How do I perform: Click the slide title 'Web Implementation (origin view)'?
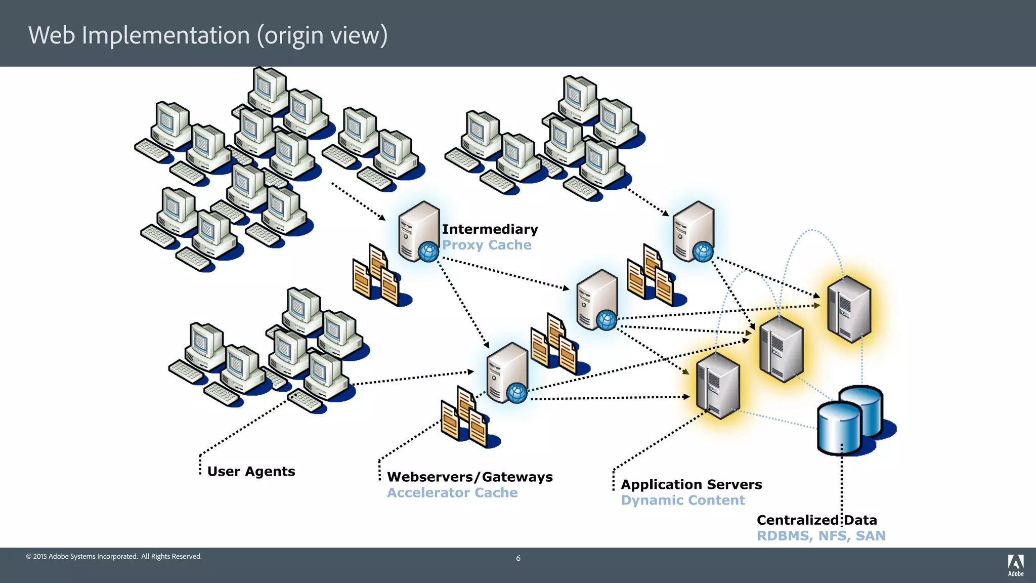pyautogui.click(x=208, y=35)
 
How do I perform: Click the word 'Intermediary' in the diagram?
pyautogui.click(x=490, y=229)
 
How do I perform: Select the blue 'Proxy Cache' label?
pyautogui.click(x=487, y=245)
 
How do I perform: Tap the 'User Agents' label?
pyautogui.click(x=251, y=471)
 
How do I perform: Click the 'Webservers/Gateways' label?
pyautogui.click(x=469, y=477)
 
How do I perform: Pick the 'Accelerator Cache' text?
pyautogui.click(x=452, y=492)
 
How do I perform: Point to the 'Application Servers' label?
pyautogui.click(x=691, y=484)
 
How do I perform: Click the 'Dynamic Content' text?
pyautogui.click(x=682, y=500)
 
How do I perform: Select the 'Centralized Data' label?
pyautogui.click(x=816, y=520)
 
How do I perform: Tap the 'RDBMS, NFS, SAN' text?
pyautogui.click(x=821, y=535)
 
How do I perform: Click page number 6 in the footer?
pyautogui.click(x=518, y=558)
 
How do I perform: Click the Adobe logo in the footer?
pyautogui.click(x=1015, y=565)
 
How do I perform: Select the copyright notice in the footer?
pyautogui.click(x=114, y=556)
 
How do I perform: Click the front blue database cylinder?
pyautogui.click(x=839, y=428)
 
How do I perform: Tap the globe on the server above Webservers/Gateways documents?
pyautogui.click(x=516, y=393)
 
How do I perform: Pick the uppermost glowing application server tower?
pyautogui.click(x=849, y=309)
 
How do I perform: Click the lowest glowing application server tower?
pyautogui.click(x=717, y=386)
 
